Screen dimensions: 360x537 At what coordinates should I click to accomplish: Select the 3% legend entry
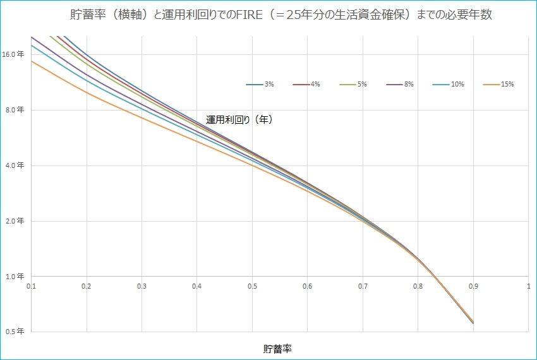tap(260, 85)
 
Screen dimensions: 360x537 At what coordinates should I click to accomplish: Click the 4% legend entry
tap(307, 85)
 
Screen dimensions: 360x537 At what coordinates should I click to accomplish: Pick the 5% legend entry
tap(354, 85)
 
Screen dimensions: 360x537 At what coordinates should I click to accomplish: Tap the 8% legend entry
tap(401, 85)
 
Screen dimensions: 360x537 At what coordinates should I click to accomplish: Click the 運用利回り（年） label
tap(239, 119)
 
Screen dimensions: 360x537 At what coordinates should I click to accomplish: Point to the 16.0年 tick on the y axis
tap(13, 54)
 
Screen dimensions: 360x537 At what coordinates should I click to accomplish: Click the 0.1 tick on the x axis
tap(32, 286)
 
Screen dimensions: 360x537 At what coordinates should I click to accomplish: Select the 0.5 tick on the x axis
tap(252, 286)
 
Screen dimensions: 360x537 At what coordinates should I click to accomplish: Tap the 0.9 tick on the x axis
tap(473, 286)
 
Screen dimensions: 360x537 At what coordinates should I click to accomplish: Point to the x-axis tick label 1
tap(528, 286)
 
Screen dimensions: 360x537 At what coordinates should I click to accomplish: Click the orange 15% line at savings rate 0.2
tap(87, 93)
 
